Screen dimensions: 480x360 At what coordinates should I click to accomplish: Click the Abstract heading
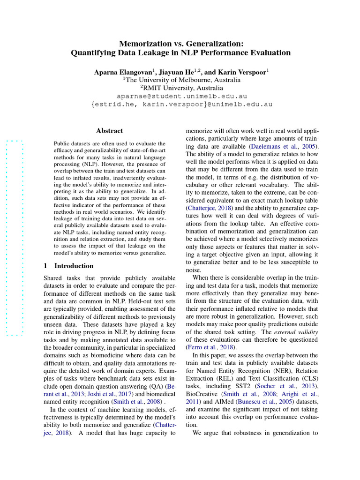tap(109, 131)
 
